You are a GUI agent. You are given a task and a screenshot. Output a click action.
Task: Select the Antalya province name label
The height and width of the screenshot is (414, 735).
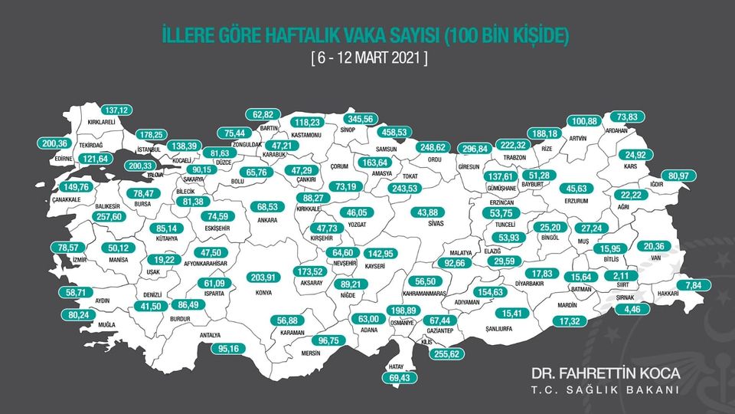click(x=211, y=336)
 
